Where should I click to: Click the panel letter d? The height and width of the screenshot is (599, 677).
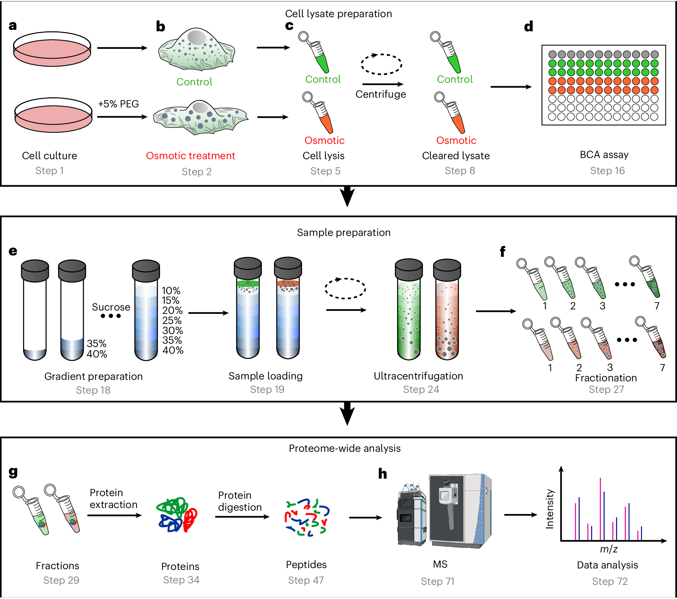(x=528, y=26)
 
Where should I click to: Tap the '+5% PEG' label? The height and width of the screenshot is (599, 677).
(x=118, y=104)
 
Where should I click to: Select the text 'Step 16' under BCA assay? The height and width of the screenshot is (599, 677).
(x=607, y=170)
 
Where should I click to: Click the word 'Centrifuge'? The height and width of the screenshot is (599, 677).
(x=380, y=94)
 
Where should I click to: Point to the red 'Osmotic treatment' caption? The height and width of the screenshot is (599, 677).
(x=190, y=155)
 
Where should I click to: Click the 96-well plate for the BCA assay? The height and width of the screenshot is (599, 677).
(x=603, y=85)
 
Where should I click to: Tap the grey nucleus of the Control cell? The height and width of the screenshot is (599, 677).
(x=197, y=38)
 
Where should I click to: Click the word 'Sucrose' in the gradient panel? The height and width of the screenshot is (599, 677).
(x=111, y=307)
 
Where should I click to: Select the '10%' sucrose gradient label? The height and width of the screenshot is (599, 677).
(x=171, y=290)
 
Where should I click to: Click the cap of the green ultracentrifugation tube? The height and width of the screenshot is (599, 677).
(x=409, y=269)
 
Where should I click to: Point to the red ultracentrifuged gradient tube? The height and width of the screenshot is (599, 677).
(x=447, y=321)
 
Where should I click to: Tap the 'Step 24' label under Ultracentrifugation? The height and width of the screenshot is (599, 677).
(x=421, y=389)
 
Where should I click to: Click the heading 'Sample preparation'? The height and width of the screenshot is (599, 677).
(x=344, y=232)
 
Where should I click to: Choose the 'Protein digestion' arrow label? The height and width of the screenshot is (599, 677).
(x=240, y=501)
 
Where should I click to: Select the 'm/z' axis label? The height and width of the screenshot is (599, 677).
(x=609, y=549)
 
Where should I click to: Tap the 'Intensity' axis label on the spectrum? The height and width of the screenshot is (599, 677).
(x=549, y=509)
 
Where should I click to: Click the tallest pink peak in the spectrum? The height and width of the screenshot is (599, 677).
(x=600, y=509)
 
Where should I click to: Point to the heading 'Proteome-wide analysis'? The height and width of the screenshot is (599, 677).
(x=345, y=448)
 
